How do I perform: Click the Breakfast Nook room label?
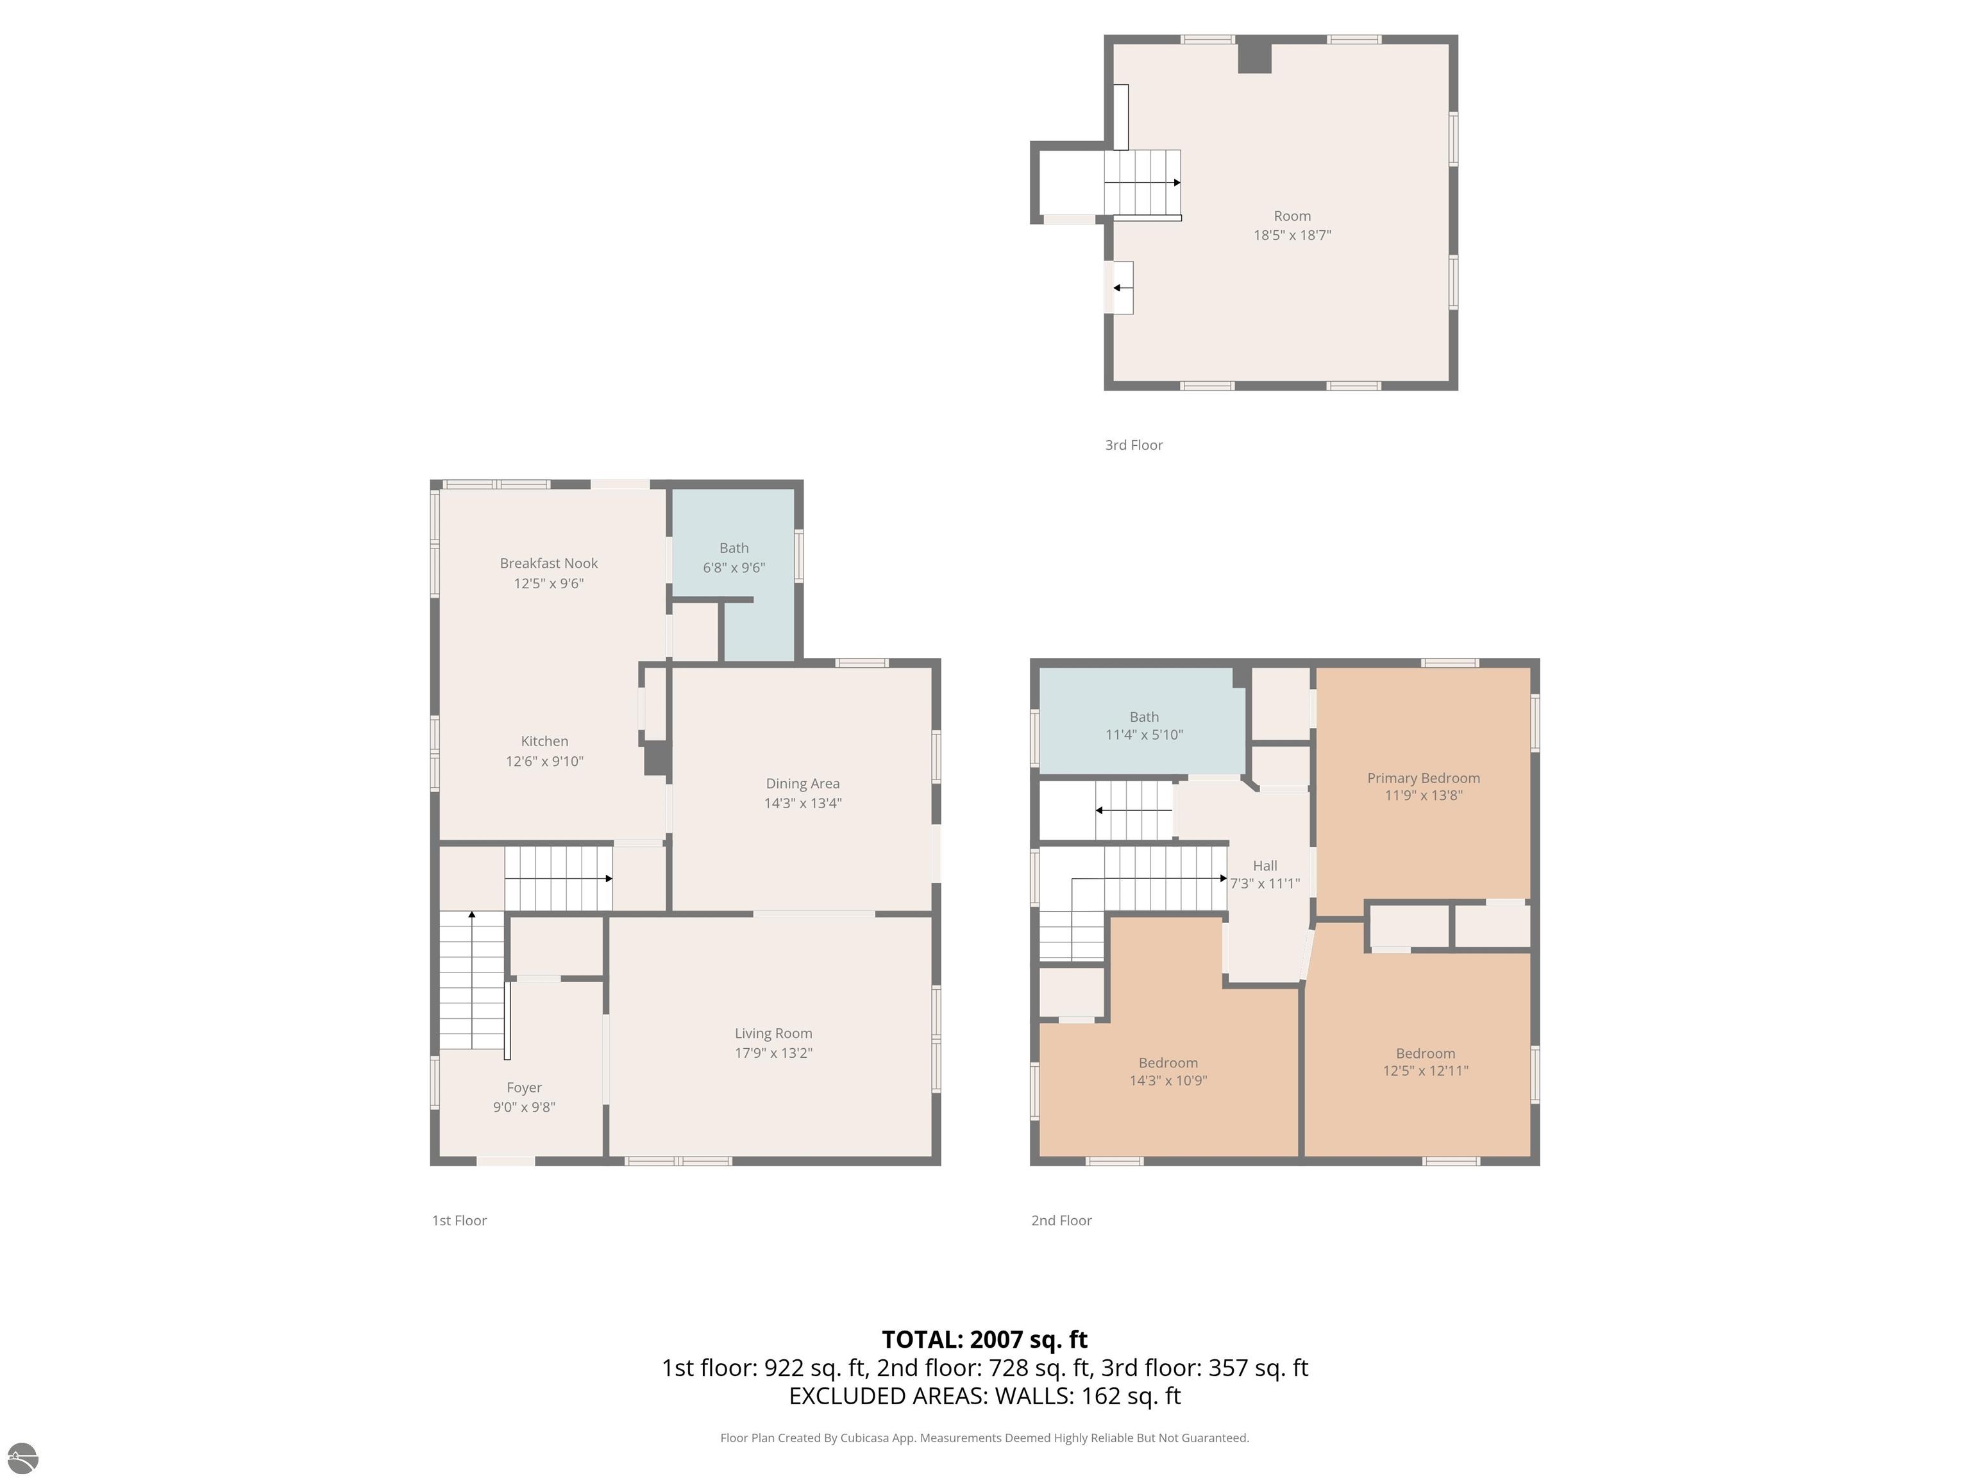(x=548, y=563)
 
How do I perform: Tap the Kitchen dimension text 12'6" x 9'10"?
(x=544, y=761)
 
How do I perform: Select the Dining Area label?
(x=802, y=783)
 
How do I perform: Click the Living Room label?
(x=773, y=1033)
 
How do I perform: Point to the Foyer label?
(x=524, y=1088)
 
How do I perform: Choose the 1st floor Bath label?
(x=734, y=548)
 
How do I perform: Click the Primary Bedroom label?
(x=1423, y=777)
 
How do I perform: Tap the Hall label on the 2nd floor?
(x=1265, y=865)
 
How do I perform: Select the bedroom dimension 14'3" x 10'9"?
(x=1168, y=1081)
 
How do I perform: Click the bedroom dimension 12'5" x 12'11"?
(x=1425, y=1071)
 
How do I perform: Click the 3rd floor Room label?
(x=1292, y=216)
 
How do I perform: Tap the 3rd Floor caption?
(x=1134, y=445)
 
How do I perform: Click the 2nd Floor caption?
(x=1061, y=1221)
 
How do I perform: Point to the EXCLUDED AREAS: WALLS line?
(x=984, y=1396)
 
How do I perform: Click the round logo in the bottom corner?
(x=22, y=1457)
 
